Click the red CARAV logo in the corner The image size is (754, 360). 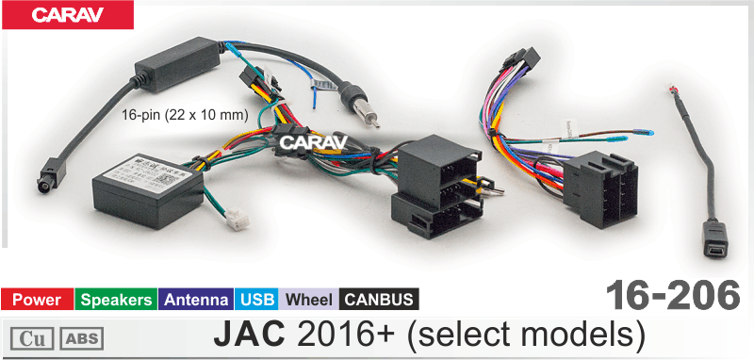tap(67, 14)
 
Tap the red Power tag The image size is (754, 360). tap(37, 301)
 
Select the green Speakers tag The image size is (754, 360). tap(116, 301)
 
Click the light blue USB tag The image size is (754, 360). tap(257, 301)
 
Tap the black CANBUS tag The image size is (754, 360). tap(379, 301)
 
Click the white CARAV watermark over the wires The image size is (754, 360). tap(314, 141)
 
